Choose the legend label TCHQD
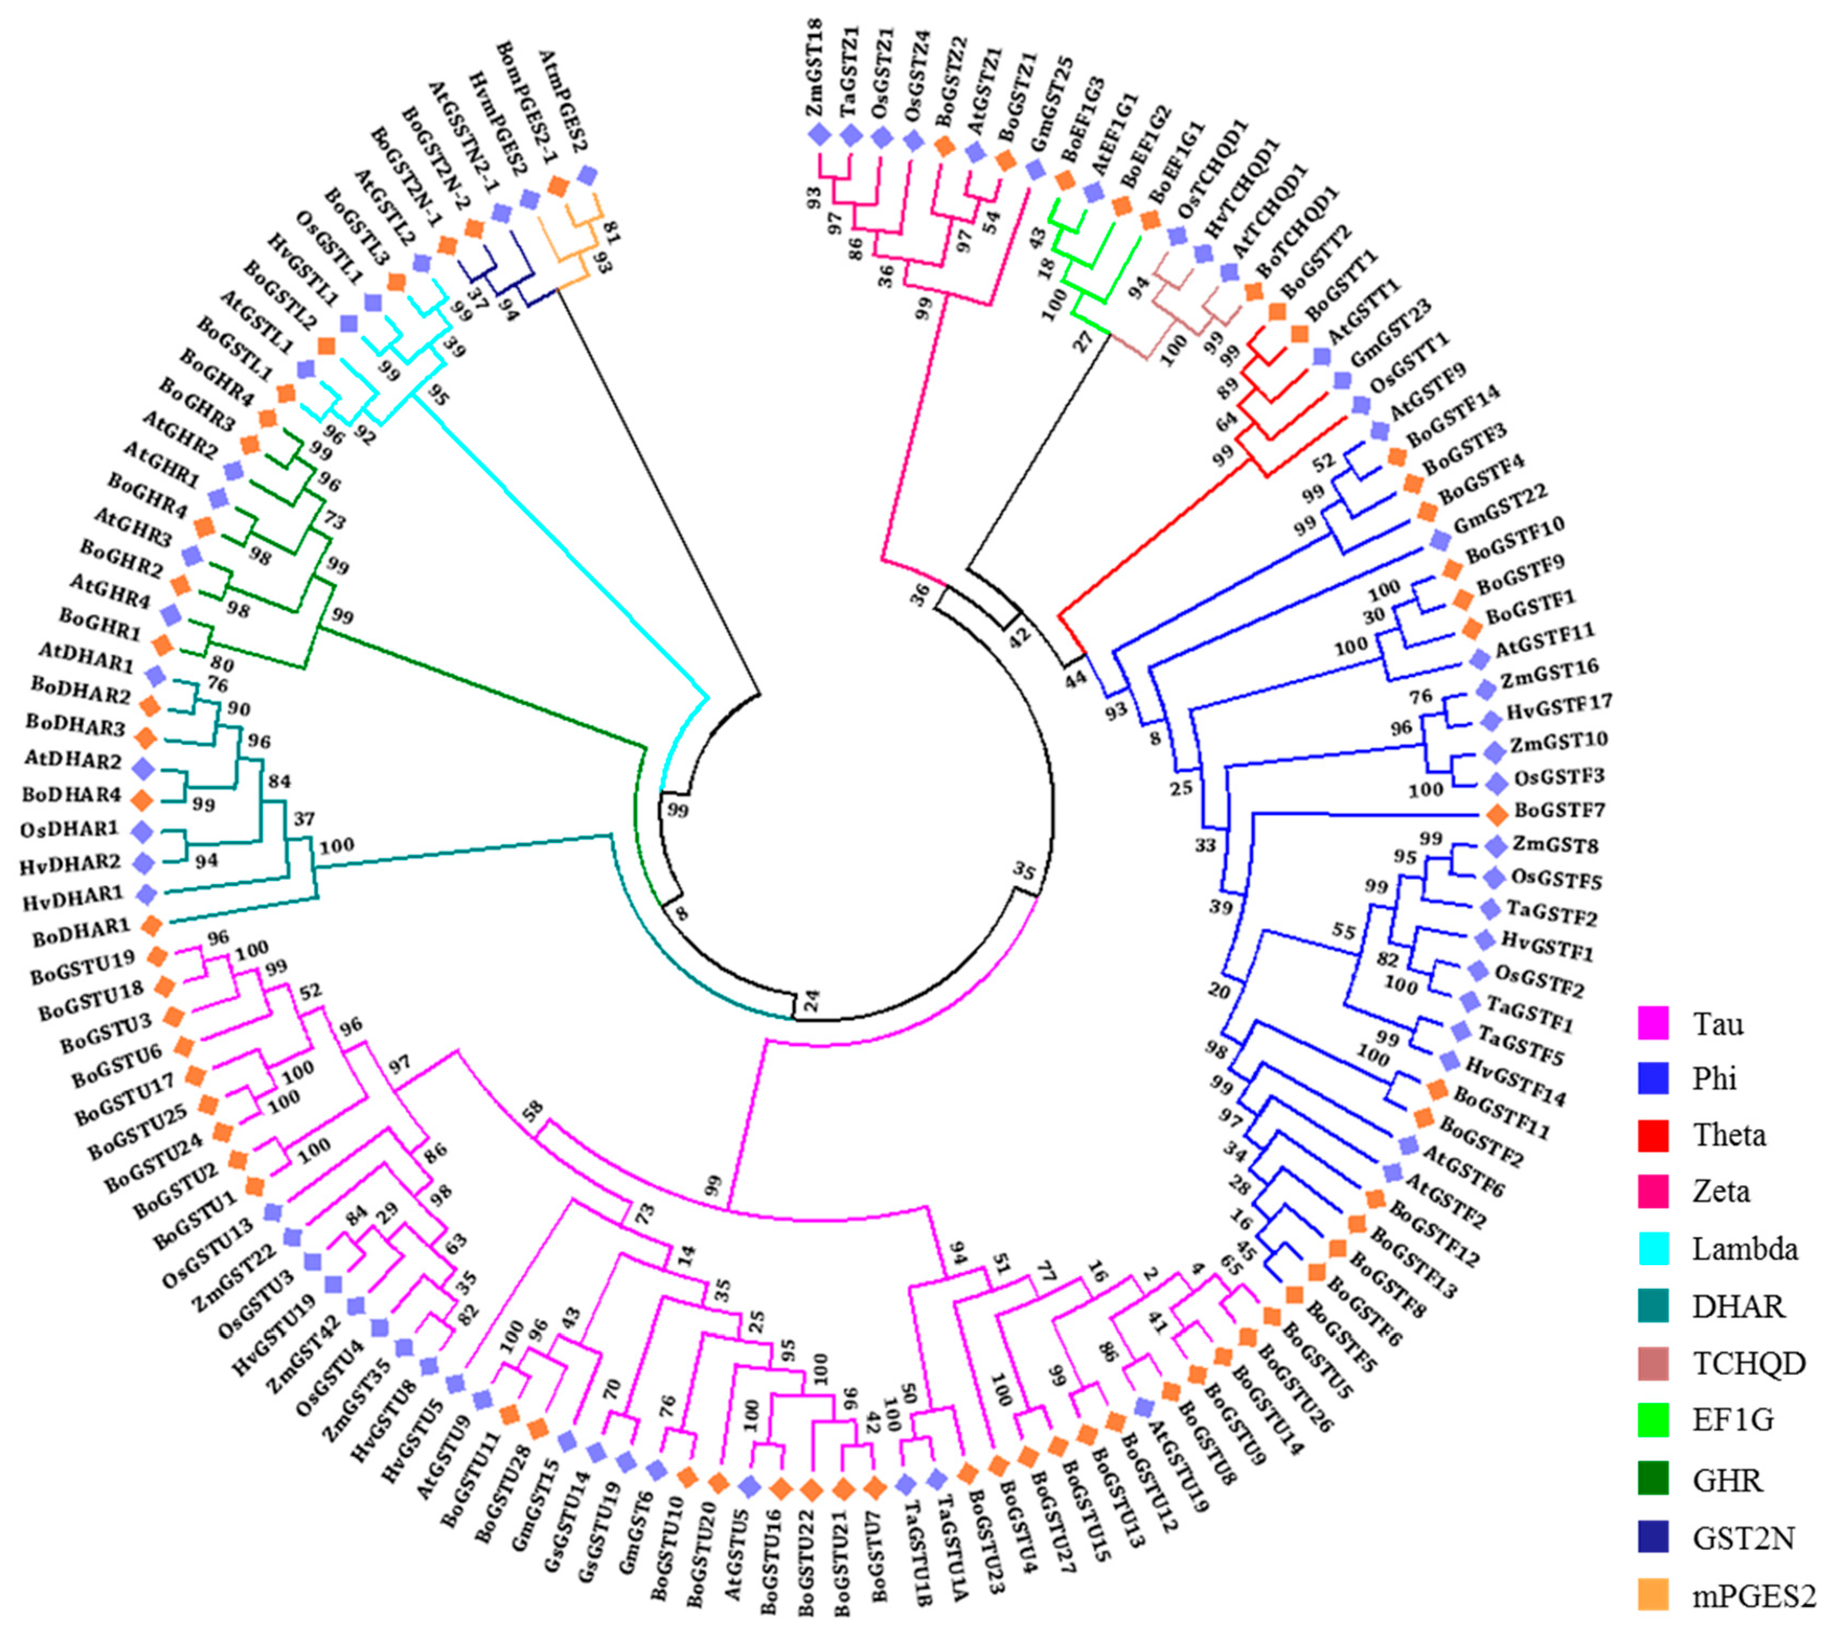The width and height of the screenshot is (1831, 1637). [1749, 1363]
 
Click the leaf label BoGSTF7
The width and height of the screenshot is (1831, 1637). [1560, 811]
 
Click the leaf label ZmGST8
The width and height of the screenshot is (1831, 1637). [1550, 845]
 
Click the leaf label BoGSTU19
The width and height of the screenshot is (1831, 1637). [82, 973]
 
